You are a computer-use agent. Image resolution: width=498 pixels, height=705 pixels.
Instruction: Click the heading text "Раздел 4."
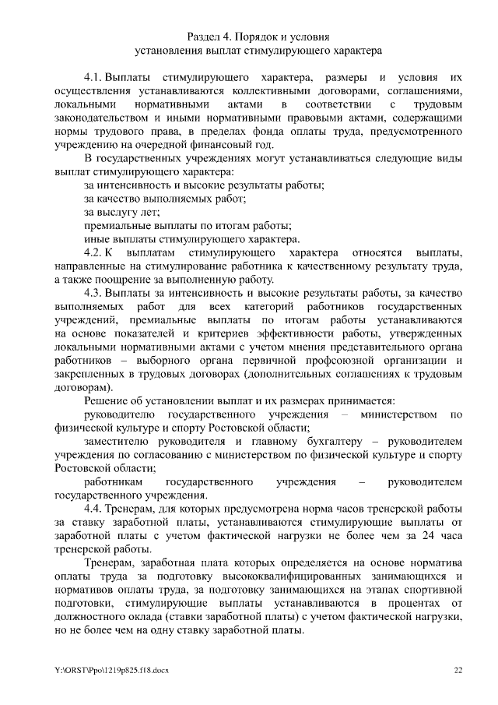[212, 37]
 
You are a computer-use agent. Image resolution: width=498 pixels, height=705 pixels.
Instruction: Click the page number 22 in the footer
[458, 668]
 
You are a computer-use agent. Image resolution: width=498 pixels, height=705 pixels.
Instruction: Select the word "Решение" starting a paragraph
[107, 400]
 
